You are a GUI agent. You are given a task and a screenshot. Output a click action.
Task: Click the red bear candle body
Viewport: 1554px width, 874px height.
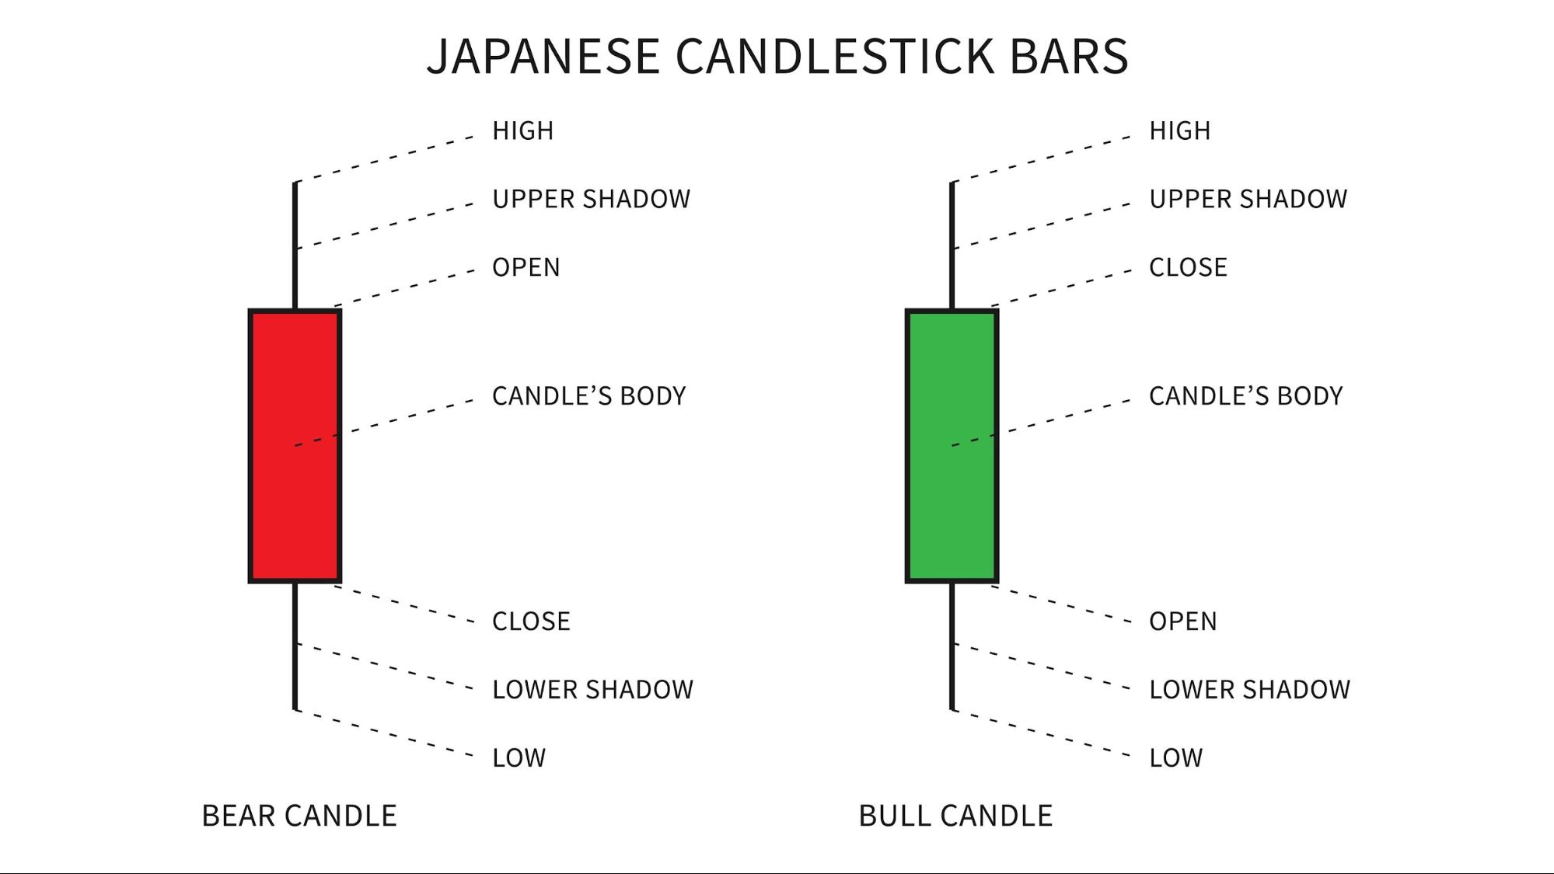coord(295,446)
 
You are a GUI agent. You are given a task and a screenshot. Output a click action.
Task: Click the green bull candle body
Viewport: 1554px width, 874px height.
coord(952,446)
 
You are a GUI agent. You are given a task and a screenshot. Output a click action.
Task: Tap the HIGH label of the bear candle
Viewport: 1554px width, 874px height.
coord(522,131)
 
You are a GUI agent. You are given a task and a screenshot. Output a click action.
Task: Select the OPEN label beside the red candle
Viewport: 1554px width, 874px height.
coord(526,267)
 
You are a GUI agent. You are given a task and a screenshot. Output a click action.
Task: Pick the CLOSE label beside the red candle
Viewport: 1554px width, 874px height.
coord(531,622)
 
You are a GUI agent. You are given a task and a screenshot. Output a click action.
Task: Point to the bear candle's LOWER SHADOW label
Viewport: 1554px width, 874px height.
coord(592,690)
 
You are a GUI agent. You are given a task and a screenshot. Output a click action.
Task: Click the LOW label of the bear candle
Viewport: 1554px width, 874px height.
coord(519,758)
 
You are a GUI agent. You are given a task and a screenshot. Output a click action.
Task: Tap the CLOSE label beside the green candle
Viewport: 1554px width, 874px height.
coord(1188,267)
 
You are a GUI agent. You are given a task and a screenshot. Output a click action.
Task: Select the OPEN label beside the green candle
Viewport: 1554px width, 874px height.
coord(1182,622)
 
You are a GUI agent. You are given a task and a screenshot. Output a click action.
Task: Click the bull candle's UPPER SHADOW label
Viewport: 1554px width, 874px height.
coord(1248,199)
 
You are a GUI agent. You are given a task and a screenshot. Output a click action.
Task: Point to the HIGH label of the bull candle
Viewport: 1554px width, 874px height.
coord(1179,131)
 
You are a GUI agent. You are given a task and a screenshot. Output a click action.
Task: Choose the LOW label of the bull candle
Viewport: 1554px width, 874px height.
coord(1175,758)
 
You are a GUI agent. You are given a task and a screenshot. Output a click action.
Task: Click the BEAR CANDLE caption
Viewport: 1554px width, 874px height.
coord(299,817)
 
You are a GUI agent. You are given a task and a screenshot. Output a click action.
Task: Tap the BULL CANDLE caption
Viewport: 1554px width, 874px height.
coord(955,817)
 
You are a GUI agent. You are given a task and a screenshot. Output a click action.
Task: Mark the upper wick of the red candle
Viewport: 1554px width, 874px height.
coord(295,245)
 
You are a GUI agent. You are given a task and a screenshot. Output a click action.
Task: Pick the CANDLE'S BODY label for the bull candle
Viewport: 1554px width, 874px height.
coord(1245,396)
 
